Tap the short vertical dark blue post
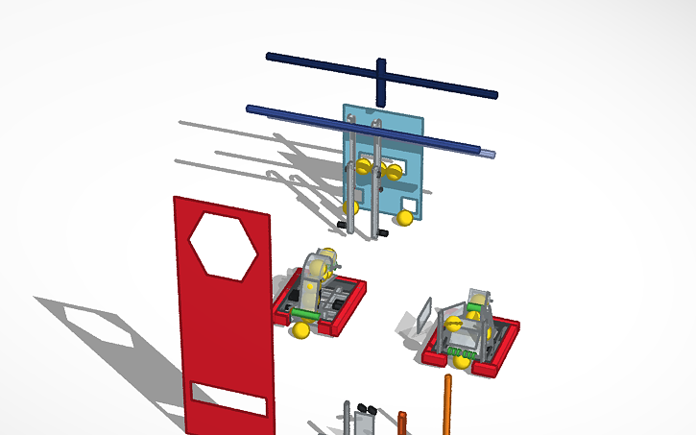click(x=381, y=82)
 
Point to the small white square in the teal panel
click(x=409, y=205)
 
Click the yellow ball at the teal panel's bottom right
click(x=405, y=218)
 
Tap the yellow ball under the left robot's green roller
click(x=302, y=331)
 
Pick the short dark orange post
click(x=402, y=423)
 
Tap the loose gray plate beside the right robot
click(x=424, y=314)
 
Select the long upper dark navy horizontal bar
click(x=382, y=76)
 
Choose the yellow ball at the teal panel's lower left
click(x=351, y=206)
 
